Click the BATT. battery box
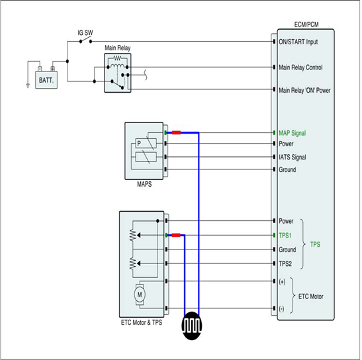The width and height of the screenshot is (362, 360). click(46, 80)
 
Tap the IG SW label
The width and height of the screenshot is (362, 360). click(85, 33)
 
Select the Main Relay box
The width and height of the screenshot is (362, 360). click(118, 73)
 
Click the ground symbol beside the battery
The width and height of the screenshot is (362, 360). click(28, 86)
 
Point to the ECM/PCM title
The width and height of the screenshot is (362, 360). click(306, 24)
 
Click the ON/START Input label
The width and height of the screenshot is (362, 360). click(298, 42)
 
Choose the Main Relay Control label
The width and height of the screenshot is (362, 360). click(300, 67)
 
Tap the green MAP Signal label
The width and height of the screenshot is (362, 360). click(292, 133)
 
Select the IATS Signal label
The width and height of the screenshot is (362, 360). click(293, 157)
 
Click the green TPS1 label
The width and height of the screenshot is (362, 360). click(285, 236)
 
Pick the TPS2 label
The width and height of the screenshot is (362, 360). click(285, 263)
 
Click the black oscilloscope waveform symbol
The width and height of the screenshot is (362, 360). click(192, 326)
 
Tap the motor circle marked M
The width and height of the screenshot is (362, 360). click(140, 294)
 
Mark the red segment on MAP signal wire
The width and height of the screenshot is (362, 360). click(176, 132)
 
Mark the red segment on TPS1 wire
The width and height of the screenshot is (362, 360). click(176, 235)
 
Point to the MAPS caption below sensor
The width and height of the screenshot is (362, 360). click(144, 184)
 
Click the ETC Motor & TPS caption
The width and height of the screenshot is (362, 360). click(142, 322)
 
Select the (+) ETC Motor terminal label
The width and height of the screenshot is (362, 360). click(282, 282)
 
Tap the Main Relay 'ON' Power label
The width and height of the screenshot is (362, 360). click(304, 90)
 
